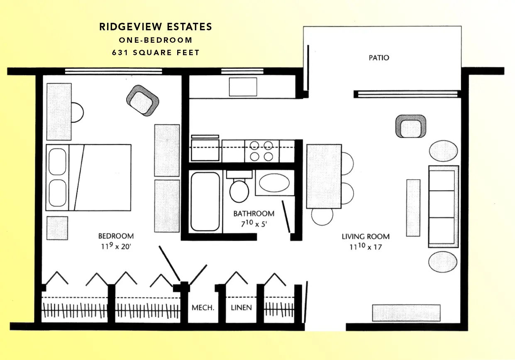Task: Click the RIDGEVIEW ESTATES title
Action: click(156, 27)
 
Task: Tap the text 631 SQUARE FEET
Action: click(156, 53)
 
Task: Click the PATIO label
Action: click(379, 58)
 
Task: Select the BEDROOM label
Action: click(116, 236)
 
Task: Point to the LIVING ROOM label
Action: click(366, 237)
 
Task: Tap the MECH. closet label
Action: click(203, 308)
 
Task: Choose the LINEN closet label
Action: click(241, 308)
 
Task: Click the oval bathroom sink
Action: click(274, 183)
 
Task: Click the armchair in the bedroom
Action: click(143, 100)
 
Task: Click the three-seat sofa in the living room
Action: click(443, 207)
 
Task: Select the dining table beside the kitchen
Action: click(324, 176)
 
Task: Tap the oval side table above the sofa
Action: click(443, 151)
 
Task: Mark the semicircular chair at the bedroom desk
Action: click(78, 112)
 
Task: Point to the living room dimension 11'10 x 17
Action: click(366, 247)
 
